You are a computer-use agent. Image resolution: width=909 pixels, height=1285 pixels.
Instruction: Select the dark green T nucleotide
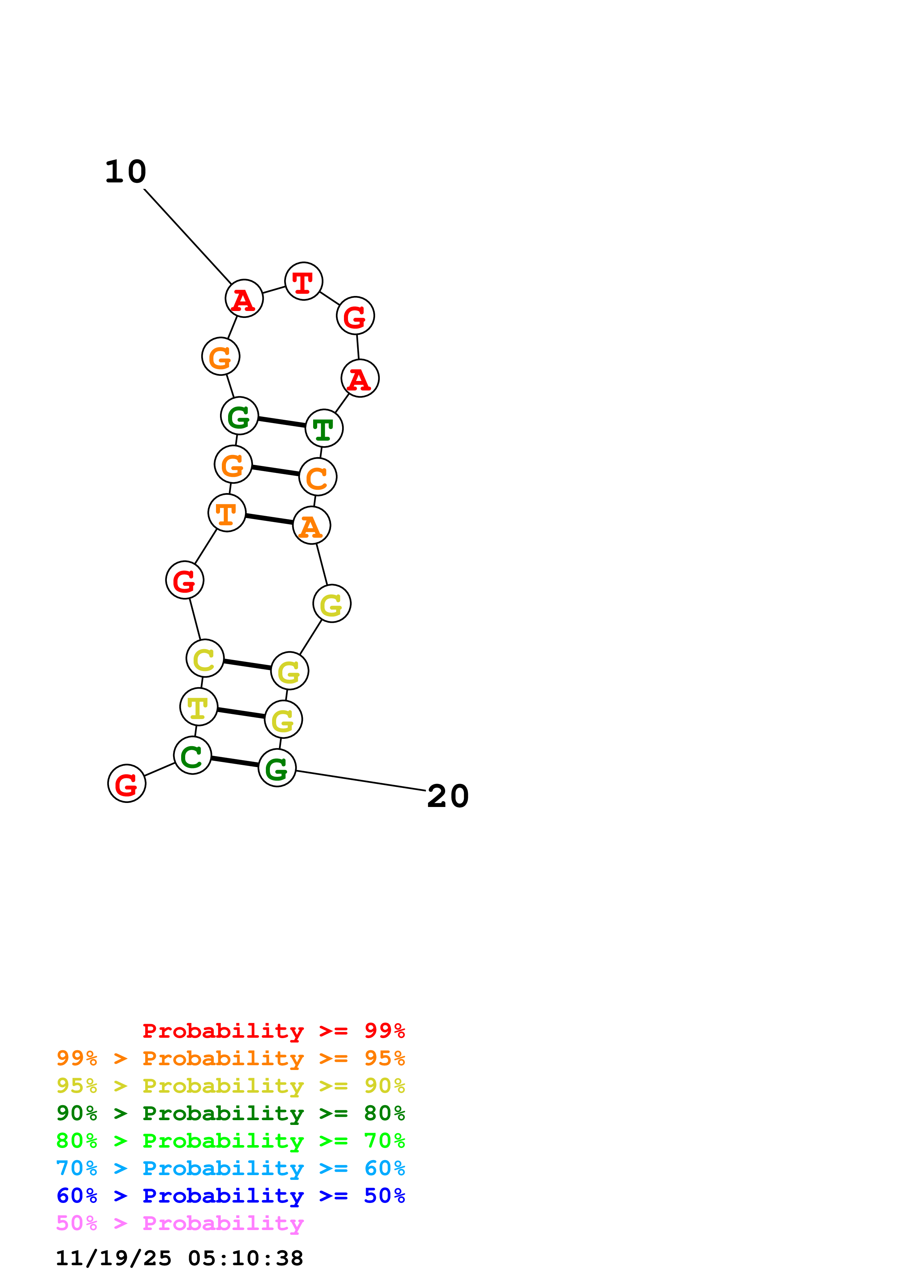[324, 428]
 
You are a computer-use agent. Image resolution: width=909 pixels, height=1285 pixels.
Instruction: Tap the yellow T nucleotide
[198, 707]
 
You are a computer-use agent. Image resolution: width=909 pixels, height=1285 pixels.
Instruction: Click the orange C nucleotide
[318, 477]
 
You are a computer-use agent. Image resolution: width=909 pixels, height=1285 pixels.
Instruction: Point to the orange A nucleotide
[311, 526]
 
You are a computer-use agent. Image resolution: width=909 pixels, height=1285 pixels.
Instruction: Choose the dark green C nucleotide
[192, 756]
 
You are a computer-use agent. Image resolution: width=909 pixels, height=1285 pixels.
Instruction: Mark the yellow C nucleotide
[205, 658]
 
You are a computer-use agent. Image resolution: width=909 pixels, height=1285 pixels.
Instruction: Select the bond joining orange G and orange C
[275, 471]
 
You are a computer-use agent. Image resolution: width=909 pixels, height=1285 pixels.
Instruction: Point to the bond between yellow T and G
[241, 713]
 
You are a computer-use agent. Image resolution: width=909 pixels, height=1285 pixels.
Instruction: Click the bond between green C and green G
[235, 762]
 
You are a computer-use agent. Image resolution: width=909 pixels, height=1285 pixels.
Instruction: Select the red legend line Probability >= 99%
[273, 1031]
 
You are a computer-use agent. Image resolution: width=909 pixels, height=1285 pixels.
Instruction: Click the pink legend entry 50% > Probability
[180, 1223]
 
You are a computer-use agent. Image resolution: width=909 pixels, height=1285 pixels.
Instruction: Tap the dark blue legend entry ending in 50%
[230, 1196]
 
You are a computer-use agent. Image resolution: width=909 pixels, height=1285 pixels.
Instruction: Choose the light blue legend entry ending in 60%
[230, 1168]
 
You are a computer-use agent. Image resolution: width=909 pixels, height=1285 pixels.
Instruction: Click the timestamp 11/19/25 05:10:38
[179, 1258]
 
